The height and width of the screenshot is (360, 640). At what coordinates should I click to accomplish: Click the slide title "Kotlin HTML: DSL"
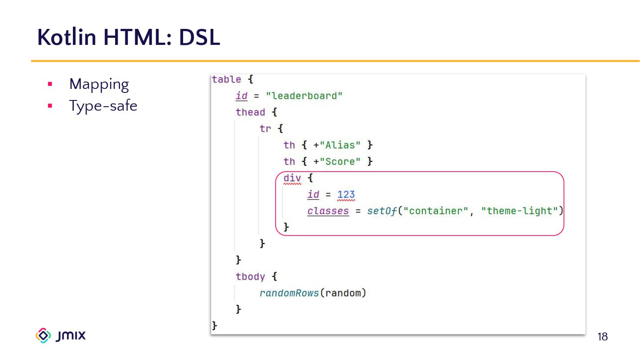tap(128, 37)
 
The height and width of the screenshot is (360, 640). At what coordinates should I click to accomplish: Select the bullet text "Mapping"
tap(99, 84)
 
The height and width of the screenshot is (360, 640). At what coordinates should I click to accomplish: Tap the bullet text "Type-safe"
tap(103, 106)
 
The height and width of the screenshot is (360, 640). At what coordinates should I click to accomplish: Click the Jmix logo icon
tap(43, 336)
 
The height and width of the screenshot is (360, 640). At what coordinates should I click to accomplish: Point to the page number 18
tap(602, 337)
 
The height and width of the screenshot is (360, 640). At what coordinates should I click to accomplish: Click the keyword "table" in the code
tap(226, 80)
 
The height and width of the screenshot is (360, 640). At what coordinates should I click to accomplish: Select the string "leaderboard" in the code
tap(304, 96)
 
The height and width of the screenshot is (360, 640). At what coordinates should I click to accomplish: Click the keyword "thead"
tap(250, 112)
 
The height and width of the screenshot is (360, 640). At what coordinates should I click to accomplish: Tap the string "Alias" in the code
tap(340, 145)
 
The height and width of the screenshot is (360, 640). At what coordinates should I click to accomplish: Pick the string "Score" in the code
tap(340, 162)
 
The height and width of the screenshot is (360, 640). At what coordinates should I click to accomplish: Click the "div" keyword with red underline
tap(292, 178)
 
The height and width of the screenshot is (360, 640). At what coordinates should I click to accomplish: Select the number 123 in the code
tap(346, 195)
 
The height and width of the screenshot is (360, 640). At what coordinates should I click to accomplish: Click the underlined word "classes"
tap(328, 211)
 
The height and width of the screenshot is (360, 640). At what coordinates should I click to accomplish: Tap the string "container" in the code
tap(436, 211)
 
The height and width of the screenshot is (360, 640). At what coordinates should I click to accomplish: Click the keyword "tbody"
tap(250, 277)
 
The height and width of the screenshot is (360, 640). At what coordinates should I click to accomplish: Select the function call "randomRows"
tap(289, 293)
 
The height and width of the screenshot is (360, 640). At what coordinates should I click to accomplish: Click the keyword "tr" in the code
tap(265, 129)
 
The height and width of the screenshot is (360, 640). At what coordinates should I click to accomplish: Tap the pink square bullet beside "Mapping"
tap(50, 84)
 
